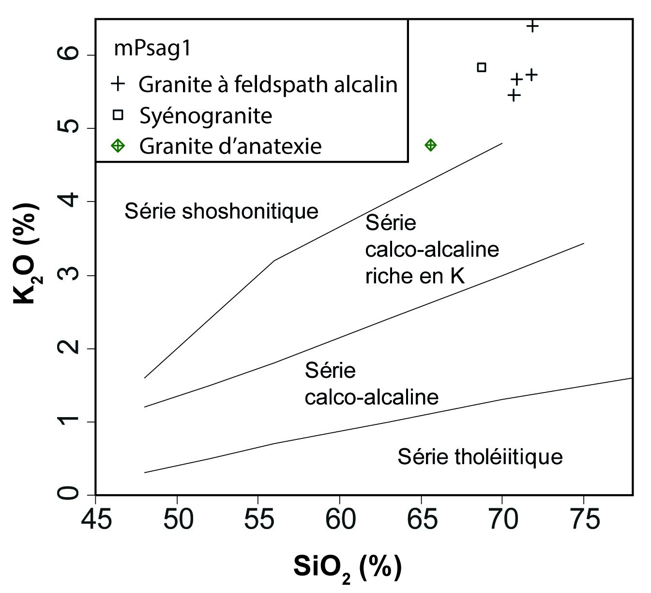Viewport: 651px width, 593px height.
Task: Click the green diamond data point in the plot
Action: coord(430,145)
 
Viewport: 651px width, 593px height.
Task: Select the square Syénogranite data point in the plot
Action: coord(482,67)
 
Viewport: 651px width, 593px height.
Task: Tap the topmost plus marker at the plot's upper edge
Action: coord(532,26)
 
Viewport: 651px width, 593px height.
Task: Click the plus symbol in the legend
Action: coord(118,84)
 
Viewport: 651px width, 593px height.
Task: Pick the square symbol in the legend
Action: coord(118,115)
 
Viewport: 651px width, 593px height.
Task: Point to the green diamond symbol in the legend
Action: coord(118,146)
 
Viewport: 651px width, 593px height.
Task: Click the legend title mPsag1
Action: coord(153,49)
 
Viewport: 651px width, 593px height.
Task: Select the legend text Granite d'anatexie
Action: coord(230,146)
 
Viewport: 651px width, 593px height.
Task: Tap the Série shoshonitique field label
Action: coord(221,211)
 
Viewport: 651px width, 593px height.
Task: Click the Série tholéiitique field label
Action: coord(480,457)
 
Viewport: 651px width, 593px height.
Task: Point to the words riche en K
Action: coord(415,276)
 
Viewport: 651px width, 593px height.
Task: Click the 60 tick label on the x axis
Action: coord(339,520)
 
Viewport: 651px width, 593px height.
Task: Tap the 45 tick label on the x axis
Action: coord(96,520)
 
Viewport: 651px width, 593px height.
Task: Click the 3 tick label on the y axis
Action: coord(68,275)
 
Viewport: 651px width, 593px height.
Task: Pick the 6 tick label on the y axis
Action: coord(68,55)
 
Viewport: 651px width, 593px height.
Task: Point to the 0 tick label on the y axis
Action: coord(68,494)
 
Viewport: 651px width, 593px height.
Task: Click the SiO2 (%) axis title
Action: coord(347,567)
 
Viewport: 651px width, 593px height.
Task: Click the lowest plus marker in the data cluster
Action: coord(514,95)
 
